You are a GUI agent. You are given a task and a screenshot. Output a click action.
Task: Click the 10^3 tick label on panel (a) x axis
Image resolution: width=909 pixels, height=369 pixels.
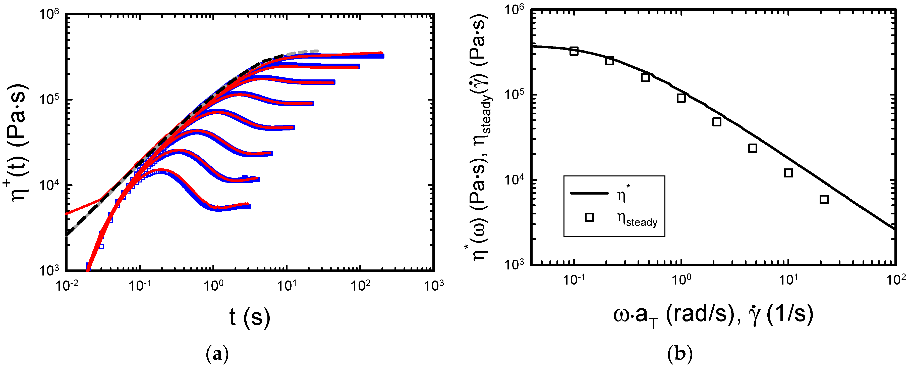(x=434, y=285)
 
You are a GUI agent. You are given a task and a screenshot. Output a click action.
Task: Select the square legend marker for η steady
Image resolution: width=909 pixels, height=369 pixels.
(x=589, y=217)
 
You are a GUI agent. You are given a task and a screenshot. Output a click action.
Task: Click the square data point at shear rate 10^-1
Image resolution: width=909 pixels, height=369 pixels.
(x=574, y=51)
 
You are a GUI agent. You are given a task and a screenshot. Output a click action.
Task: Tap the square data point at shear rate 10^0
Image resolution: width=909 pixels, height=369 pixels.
(x=681, y=98)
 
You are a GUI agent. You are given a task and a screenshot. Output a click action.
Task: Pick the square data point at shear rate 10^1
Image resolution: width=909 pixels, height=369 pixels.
(x=788, y=173)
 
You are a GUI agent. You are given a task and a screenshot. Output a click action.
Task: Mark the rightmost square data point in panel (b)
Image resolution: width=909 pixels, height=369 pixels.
(x=824, y=200)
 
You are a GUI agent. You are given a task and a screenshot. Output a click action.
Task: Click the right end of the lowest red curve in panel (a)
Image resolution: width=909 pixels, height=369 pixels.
(x=248, y=204)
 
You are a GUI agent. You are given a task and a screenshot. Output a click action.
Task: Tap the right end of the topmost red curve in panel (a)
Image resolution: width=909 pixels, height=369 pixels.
(x=382, y=53)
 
